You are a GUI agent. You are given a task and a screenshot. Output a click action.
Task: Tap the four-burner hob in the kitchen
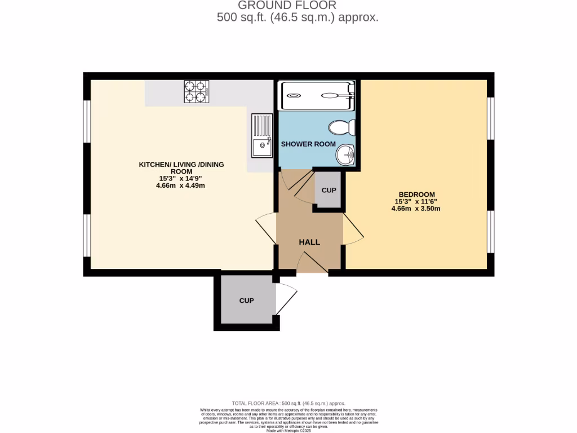[x=196, y=91]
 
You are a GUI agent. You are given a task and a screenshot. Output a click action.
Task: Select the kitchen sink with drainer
[x=262, y=135]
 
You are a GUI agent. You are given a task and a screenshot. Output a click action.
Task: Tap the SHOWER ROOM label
[x=308, y=144]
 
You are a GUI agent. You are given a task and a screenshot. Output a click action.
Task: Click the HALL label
[x=309, y=242]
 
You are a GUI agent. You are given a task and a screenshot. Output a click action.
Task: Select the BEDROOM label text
[x=415, y=195]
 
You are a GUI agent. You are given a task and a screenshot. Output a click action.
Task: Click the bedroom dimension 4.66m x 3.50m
[x=415, y=209]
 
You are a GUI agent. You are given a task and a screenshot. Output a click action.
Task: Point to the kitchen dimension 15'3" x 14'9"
[x=180, y=179]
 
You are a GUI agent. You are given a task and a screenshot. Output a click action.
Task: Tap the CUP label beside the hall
[x=329, y=191]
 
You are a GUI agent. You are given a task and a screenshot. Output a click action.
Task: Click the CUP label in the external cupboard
[x=246, y=301]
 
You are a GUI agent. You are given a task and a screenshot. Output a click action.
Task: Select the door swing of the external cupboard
[x=287, y=298]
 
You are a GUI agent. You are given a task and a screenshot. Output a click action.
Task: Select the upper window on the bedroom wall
[x=491, y=118]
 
